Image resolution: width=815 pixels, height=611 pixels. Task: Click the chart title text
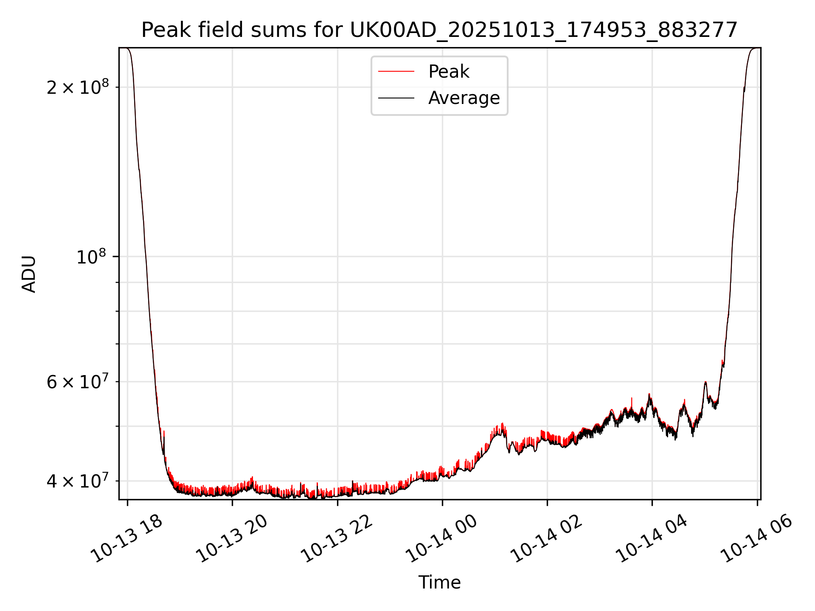[x=439, y=30]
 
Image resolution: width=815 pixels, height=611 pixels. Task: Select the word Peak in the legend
[x=449, y=72]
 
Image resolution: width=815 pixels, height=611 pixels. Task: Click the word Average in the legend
[x=464, y=98]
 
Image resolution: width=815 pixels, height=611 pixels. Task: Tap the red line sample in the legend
[x=396, y=72]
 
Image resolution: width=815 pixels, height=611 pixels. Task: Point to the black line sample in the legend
[x=396, y=98]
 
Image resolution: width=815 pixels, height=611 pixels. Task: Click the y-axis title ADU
[x=29, y=274]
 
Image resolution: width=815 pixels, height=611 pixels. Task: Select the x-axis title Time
[x=439, y=583]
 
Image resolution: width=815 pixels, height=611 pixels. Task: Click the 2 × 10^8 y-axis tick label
[x=78, y=87]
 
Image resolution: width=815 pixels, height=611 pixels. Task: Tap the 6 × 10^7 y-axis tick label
[x=78, y=382]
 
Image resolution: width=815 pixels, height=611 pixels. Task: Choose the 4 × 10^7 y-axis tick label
[x=78, y=481]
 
